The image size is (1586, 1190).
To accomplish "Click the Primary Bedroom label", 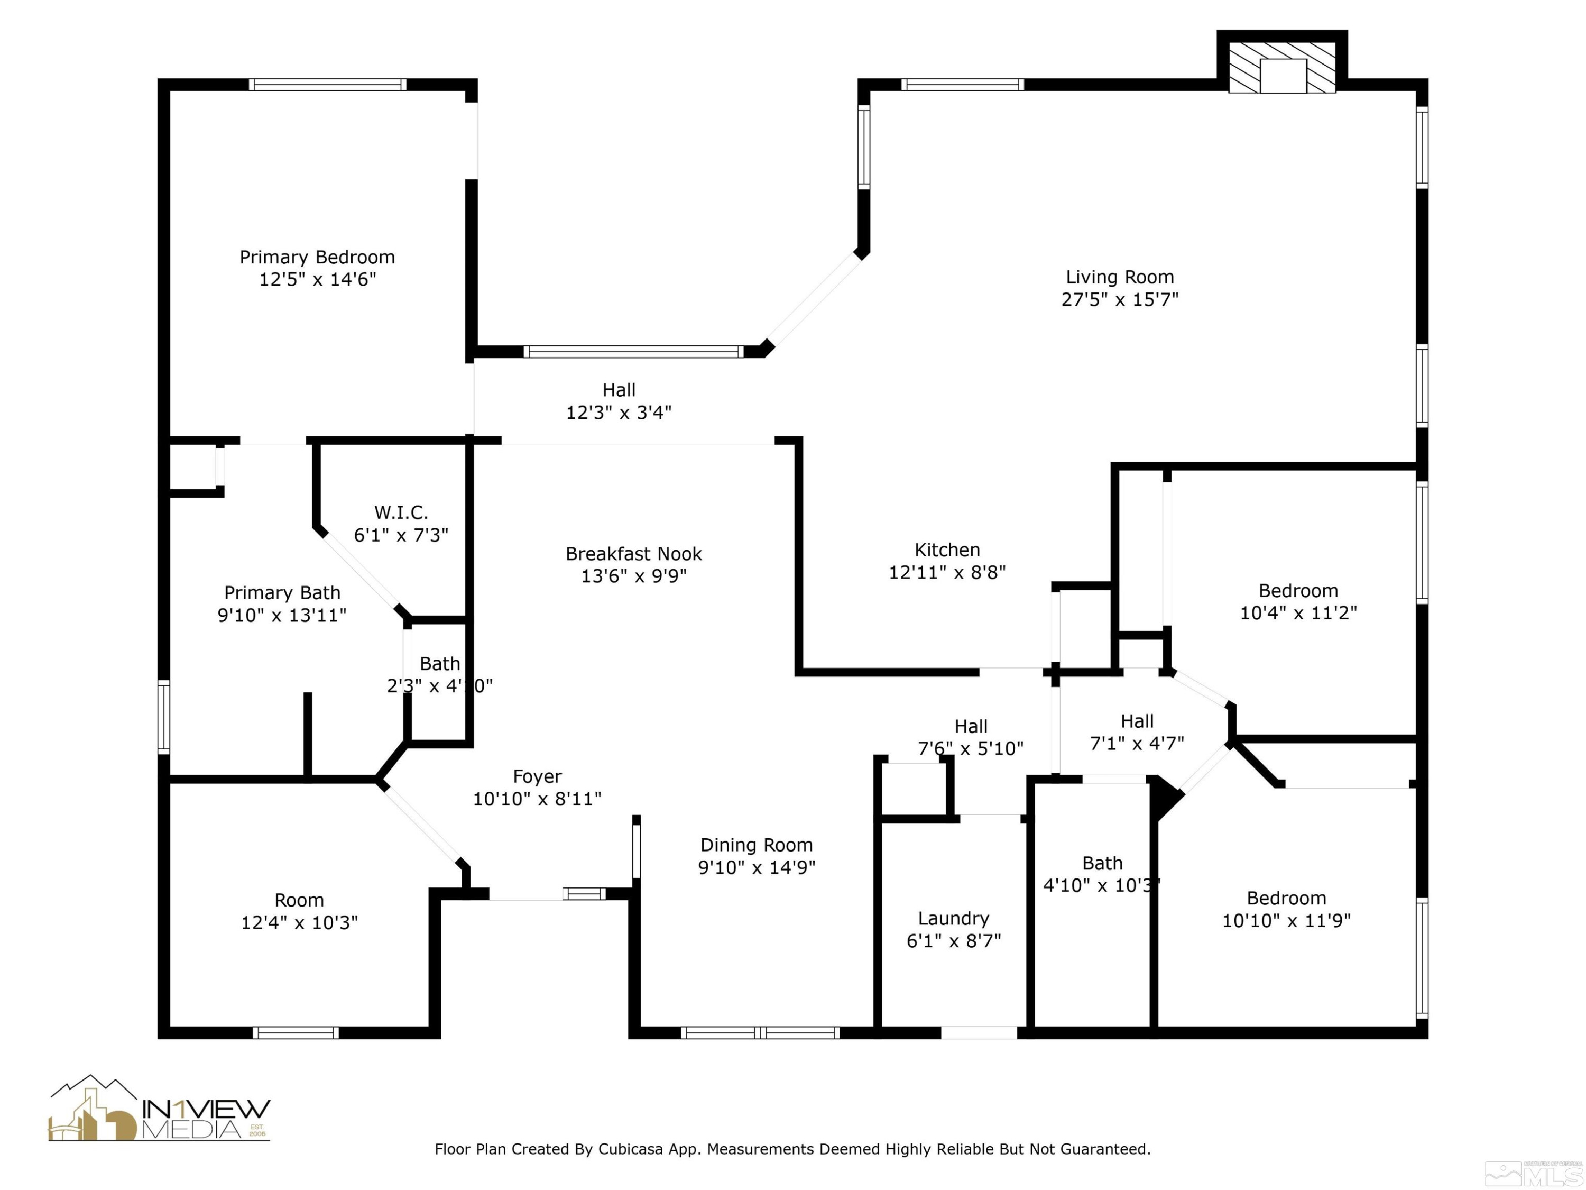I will [317, 257].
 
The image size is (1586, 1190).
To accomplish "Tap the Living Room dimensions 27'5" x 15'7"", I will [1119, 300].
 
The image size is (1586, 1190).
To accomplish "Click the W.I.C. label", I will [401, 513].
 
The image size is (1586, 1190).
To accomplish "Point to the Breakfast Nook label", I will [633, 554].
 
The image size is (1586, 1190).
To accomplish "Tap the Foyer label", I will [537, 777].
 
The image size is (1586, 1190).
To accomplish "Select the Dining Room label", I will [757, 845].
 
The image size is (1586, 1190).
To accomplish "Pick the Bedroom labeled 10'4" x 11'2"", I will [1298, 591].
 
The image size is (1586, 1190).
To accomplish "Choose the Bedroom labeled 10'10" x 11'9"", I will [1286, 898].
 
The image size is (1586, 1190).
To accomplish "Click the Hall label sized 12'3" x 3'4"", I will [619, 390].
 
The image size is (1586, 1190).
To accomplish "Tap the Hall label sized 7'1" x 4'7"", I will [1137, 721].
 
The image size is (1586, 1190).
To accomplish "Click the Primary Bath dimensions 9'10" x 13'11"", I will [282, 616].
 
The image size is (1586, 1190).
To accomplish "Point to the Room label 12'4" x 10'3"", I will [299, 900].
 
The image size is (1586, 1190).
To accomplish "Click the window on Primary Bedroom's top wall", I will [328, 85].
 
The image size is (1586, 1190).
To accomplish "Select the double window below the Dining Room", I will [760, 1033].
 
